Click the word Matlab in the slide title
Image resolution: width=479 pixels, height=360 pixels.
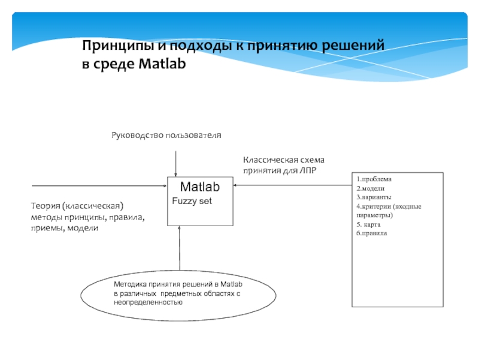click(163, 63)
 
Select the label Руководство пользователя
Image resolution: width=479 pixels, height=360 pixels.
click(166, 136)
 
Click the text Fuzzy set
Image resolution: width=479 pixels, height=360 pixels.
click(192, 201)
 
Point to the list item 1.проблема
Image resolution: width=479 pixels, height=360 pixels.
click(374, 179)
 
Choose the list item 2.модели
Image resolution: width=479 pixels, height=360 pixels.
click(372, 188)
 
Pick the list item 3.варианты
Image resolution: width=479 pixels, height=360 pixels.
click(374, 197)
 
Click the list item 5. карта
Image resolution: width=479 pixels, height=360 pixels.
click(369, 224)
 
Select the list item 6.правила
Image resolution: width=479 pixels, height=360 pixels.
click(372, 233)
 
